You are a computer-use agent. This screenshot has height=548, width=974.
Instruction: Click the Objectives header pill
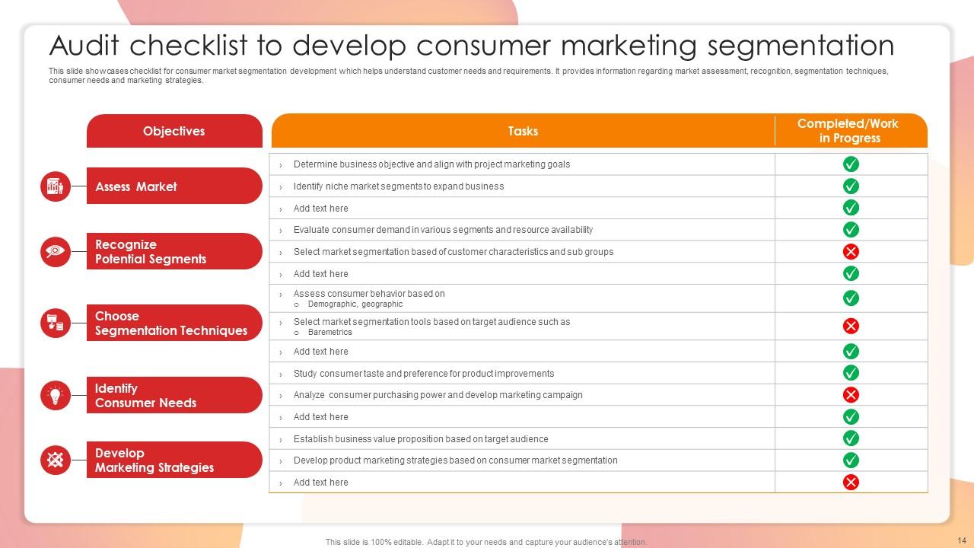(174, 131)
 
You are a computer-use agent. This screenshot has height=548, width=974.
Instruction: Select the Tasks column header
(523, 131)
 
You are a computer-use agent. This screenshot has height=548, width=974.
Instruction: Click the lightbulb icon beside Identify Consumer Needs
(56, 395)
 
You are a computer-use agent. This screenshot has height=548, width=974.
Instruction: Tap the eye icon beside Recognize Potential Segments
(56, 251)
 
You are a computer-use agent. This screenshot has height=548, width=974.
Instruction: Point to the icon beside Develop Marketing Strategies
(56, 460)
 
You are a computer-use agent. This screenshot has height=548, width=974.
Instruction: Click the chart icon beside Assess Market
(56, 186)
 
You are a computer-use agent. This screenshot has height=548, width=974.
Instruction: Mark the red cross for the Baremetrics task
(851, 326)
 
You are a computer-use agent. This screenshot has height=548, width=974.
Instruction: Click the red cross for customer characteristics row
(851, 251)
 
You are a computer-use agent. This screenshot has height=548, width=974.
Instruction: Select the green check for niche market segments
(851, 186)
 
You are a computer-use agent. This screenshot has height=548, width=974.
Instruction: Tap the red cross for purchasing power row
(851, 395)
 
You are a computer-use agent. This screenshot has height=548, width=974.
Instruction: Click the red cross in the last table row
(851, 482)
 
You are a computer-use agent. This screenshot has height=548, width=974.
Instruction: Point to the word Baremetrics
(330, 333)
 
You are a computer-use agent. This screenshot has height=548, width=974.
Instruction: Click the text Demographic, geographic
(355, 304)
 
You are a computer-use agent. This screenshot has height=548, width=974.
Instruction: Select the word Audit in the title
(84, 45)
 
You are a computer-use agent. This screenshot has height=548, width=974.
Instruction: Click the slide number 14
(962, 540)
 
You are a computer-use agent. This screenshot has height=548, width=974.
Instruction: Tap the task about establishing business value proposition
(421, 439)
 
